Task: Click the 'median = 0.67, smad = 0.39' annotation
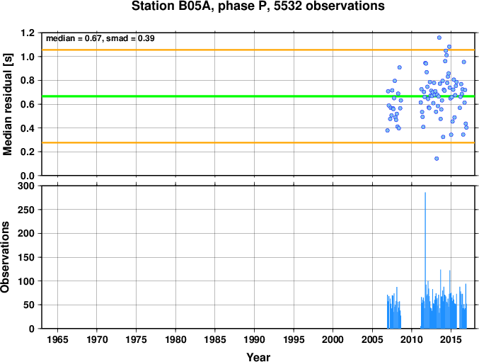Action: (100, 38)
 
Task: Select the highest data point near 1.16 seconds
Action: (439, 38)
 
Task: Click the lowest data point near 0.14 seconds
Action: (437, 159)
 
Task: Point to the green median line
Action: (258, 96)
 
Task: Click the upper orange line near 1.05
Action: (258, 50)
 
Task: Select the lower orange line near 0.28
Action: (258, 142)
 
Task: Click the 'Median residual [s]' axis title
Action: (7, 104)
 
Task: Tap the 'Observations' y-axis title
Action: (5, 257)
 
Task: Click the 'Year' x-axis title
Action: (258, 357)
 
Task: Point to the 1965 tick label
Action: (57, 339)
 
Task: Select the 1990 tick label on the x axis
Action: (254, 339)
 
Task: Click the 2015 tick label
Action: (451, 339)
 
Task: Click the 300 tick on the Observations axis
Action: (26, 186)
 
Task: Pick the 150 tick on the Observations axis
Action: (26, 257)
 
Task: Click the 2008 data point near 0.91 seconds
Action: (399, 67)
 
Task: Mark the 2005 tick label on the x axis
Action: (372, 339)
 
